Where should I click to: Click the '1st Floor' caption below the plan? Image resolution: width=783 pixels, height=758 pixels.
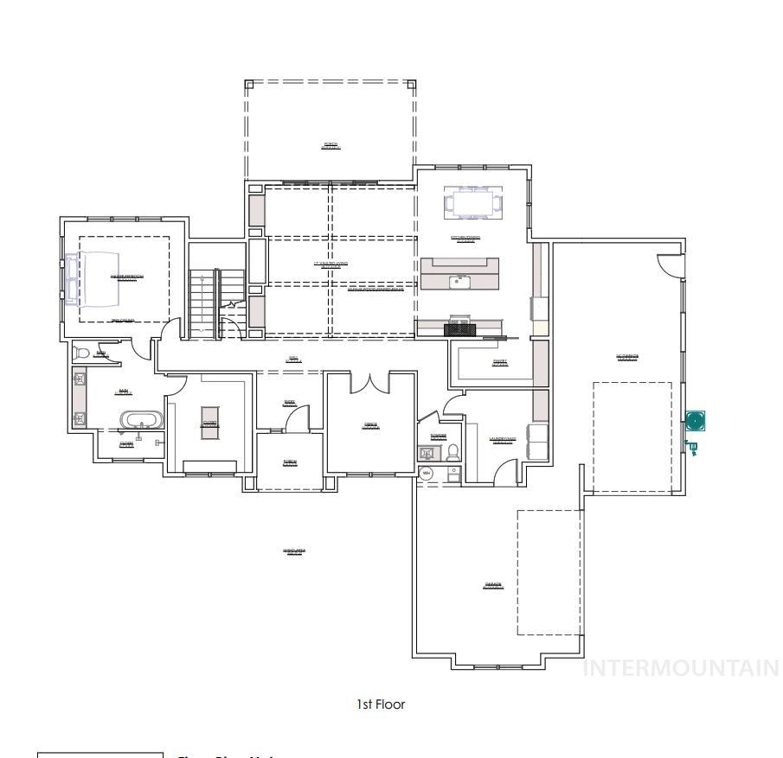tap(381, 704)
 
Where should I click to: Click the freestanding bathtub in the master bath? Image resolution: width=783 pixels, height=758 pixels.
tap(140, 421)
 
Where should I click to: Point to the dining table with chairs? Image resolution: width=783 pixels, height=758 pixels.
tap(472, 204)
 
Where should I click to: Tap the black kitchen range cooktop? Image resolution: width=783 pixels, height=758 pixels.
tap(459, 328)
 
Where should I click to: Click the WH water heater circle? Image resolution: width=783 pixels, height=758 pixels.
tap(426, 473)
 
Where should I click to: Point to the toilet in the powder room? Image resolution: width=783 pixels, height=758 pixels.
tap(452, 452)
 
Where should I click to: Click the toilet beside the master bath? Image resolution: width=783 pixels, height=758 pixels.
tap(80, 353)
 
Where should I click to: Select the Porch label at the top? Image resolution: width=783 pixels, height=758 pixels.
tap(331, 145)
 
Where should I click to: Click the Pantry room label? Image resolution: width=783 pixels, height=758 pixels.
tap(500, 362)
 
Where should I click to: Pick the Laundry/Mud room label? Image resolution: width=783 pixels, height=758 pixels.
tap(502, 440)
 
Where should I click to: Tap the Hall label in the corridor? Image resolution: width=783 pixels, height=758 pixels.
tap(294, 359)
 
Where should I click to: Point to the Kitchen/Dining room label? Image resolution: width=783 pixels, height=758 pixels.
tap(465, 239)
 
